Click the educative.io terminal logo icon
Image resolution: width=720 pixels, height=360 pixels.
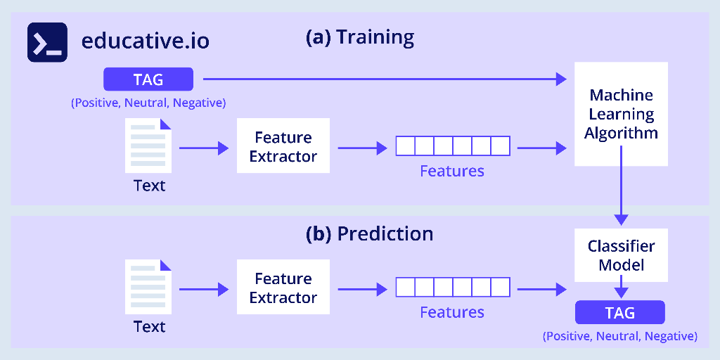pyautogui.click(x=47, y=42)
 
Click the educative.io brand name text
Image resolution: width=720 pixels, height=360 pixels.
pyautogui.click(x=145, y=41)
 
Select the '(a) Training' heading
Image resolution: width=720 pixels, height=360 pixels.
pyautogui.click(x=359, y=37)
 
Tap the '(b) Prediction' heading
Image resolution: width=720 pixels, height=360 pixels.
pyautogui.click(x=369, y=233)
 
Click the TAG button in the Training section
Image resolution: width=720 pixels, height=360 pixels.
pyautogui.click(x=148, y=79)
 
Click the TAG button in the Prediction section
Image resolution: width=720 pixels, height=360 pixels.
pyautogui.click(x=619, y=312)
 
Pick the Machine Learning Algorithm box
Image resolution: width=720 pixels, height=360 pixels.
pyautogui.click(x=621, y=114)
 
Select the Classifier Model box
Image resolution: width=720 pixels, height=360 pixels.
pyautogui.click(x=621, y=255)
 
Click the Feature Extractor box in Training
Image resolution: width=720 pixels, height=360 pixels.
pyautogui.click(x=283, y=147)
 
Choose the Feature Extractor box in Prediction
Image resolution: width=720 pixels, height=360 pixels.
pyautogui.click(x=283, y=288)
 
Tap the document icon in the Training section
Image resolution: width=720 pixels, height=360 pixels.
pyautogui.click(x=148, y=146)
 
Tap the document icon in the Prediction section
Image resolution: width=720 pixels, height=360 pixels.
pyautogui.click(x=148, y=287)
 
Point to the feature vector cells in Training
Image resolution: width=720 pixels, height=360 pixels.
pyautogui.click(x=452, y=146)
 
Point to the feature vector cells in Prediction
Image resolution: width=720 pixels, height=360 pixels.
pyautogui.click(x=452, y=288)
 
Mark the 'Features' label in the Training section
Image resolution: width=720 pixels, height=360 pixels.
pyautogui.click(x=452, y=171)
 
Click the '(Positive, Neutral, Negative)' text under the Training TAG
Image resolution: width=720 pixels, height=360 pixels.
pyautogui.click(x=148, y=103)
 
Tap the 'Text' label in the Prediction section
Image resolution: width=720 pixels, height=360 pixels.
pyautogui.click(x=149, y=327)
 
